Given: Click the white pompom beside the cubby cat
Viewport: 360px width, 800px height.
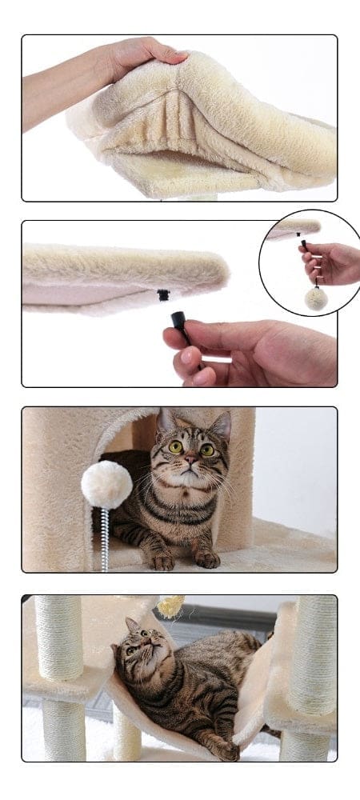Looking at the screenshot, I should point(106,484).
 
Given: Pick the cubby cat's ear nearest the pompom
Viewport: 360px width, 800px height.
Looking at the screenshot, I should point(166,421).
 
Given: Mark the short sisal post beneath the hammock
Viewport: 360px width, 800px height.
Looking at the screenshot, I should point(126,731).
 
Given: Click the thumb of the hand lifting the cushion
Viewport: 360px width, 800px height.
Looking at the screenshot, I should point(171,57).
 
